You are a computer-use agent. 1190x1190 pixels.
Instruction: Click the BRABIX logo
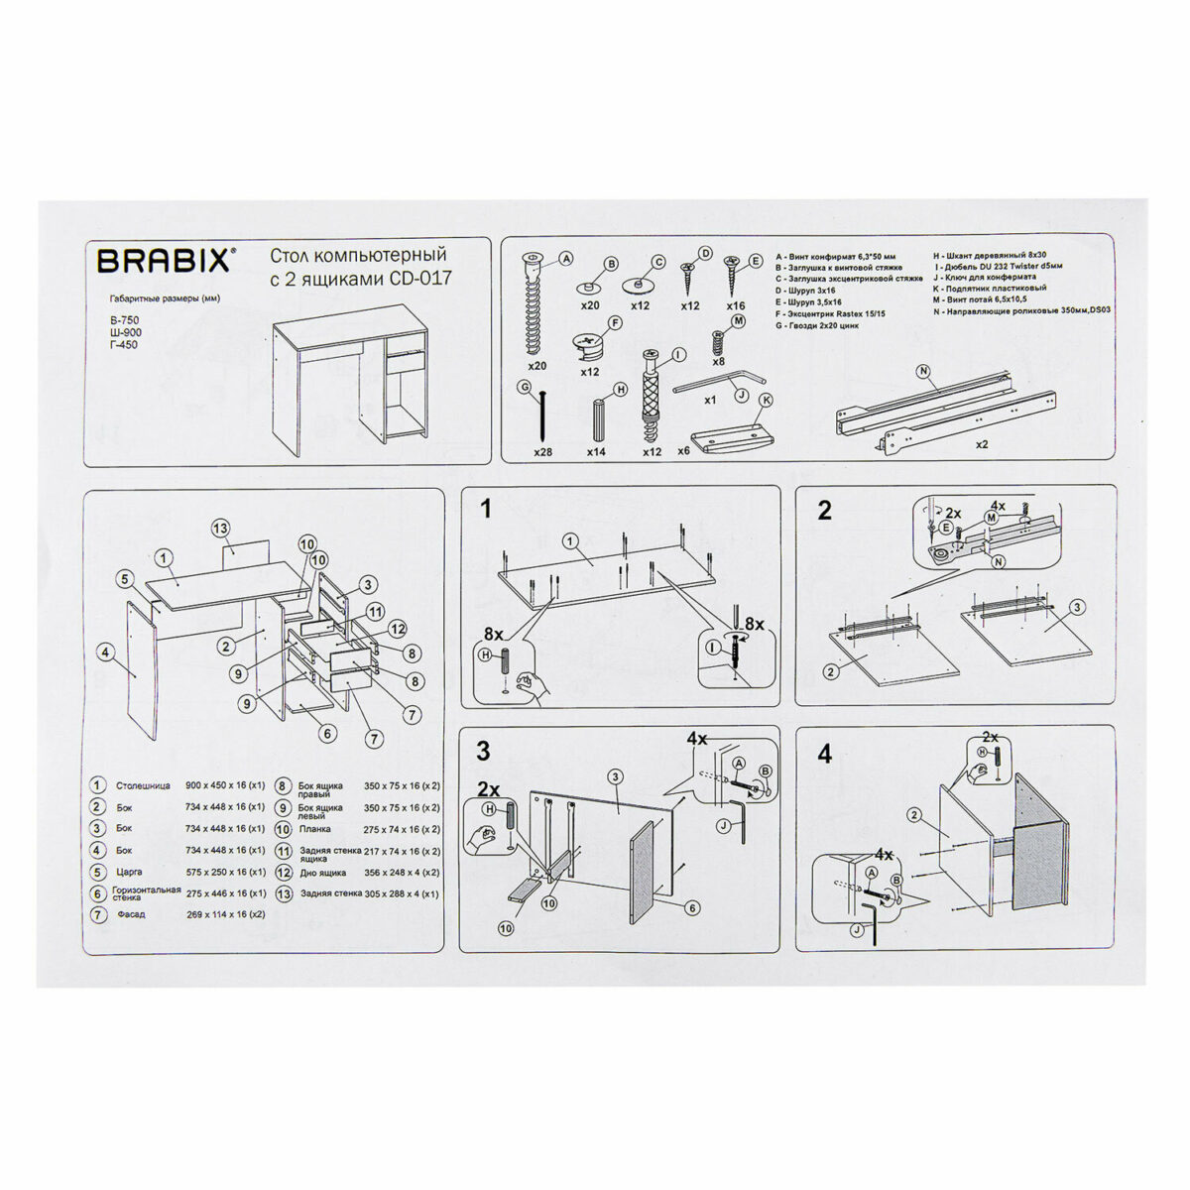click(166, 261)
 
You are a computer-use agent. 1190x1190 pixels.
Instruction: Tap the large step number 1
click(486, 510)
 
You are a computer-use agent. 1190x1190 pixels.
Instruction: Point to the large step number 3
click(483, 751)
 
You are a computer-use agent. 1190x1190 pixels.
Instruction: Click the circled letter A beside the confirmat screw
click(566, 260)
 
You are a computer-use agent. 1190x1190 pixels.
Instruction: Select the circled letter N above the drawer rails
click(922, 373)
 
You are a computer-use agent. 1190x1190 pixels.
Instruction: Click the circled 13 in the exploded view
click(220, 529)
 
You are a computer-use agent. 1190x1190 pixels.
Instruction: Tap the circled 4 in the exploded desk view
click(105, 653)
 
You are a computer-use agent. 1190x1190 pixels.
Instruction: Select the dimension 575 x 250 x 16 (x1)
click(225, 872)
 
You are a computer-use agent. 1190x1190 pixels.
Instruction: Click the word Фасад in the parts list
click(131, 914)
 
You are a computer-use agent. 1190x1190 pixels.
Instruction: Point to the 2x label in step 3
click(488, 789)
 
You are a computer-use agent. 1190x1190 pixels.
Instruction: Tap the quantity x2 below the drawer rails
click(981, 445)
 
